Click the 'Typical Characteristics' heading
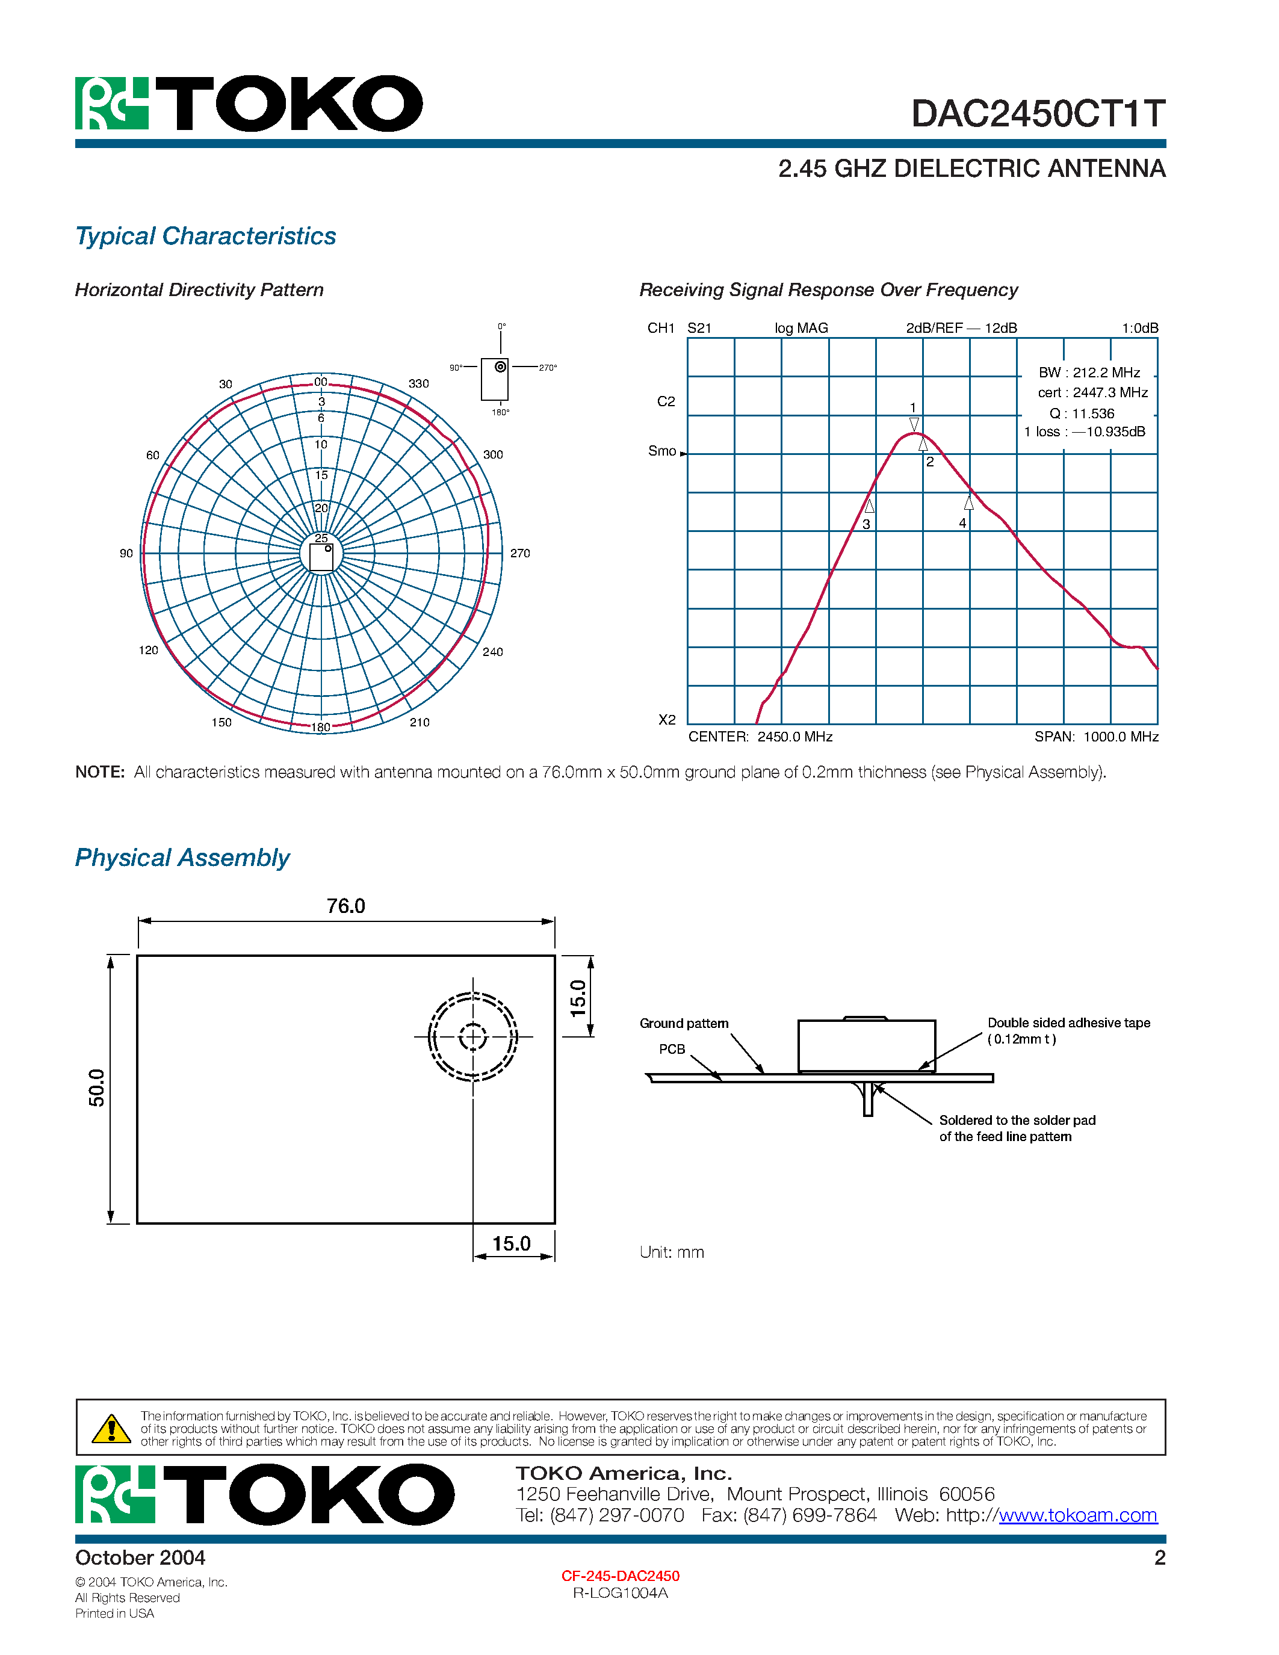pos(205,237)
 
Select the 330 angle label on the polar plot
pos(418,383)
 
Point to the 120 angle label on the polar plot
pos(149,650)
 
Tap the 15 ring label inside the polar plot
pos(321,475)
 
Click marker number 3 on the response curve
pos(867,524)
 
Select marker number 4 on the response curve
pos(962,523)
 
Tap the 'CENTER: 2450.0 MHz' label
pos(760,737)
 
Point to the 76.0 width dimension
pos(345,906)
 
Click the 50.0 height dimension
pos(97,1088)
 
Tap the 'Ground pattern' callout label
pos(684,1024)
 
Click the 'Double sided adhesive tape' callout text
pos(1068,1023)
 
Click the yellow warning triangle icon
pos(111,1429)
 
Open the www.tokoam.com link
pos(1077,1515)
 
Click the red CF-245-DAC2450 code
pos(620,1576)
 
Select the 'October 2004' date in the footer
pos(140,1558)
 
